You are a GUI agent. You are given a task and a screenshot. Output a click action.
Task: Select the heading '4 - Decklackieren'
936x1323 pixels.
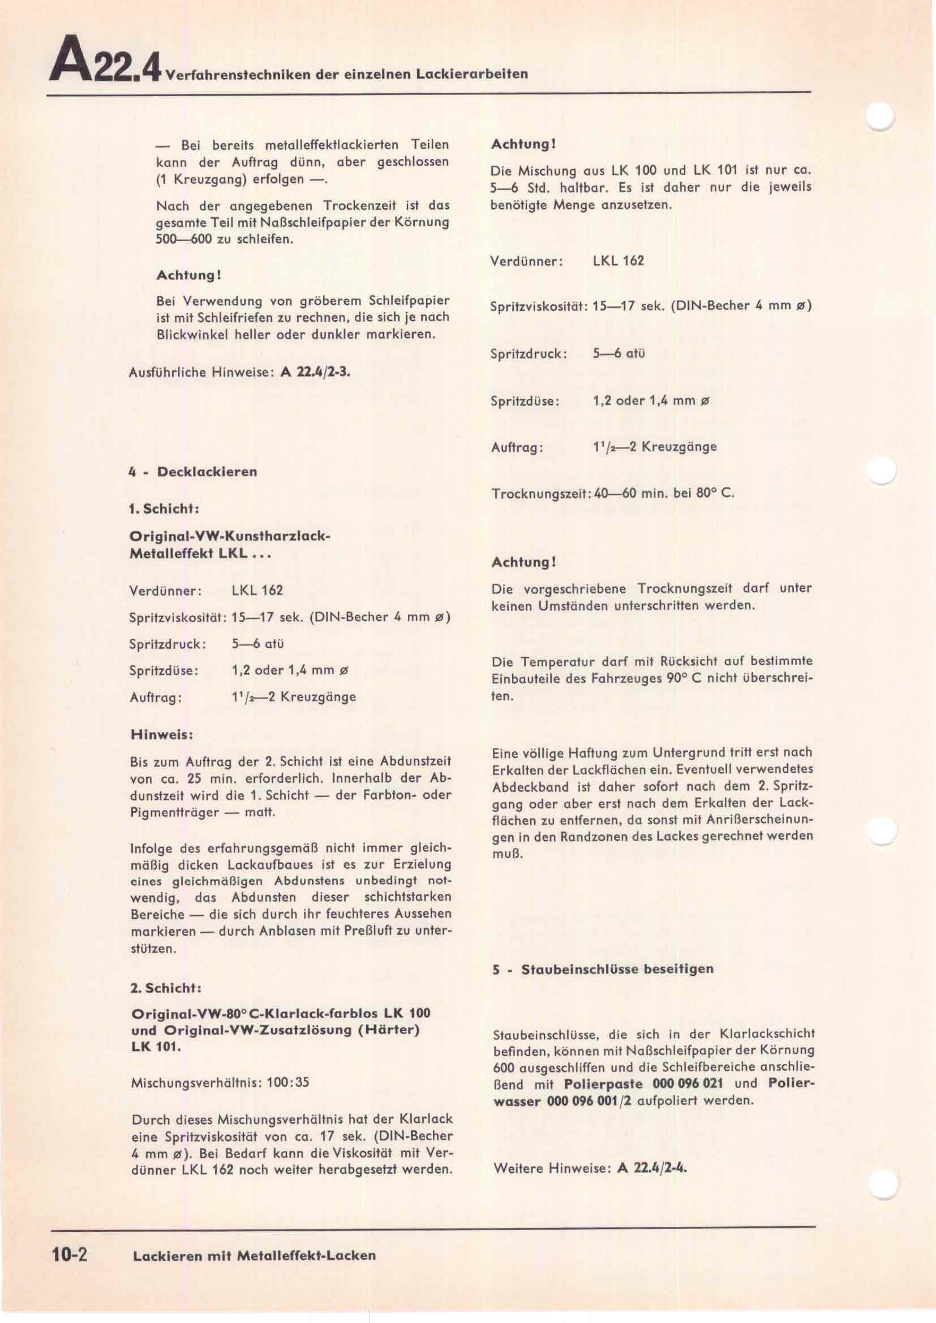[x=193, y=472]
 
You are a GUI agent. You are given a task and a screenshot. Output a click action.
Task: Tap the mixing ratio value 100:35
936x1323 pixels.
[x=287, y=1082]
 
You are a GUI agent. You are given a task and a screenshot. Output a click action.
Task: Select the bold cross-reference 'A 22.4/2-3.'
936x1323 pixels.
[x=315, y=372]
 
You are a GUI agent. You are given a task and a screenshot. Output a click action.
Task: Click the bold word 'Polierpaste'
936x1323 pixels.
[x=603, y=1083]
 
